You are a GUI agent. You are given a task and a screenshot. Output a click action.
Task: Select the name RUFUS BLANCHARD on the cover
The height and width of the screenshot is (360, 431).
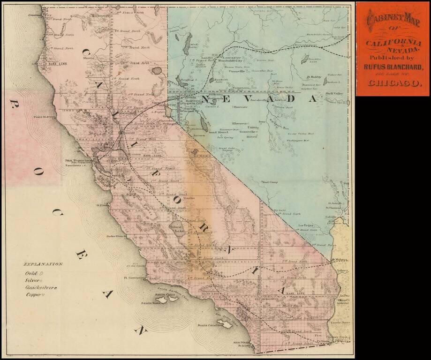coord(393,67)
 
